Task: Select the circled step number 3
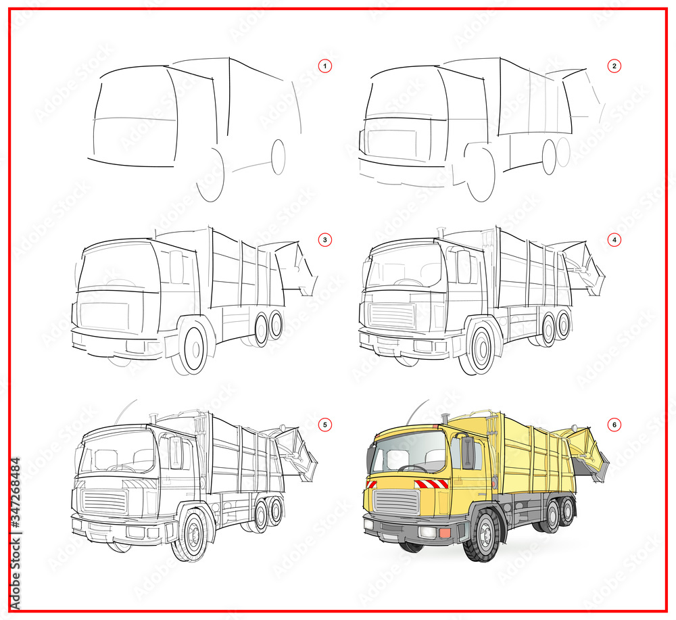pyautogui.click(x=325, y=239)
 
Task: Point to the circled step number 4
pyautogui.click(x=614, y=239)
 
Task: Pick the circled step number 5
pyautogui.click(x=325, y=425)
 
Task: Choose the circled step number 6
pyautogui.click(x=614, y=425)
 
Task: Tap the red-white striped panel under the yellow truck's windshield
pyautogui.click(x=431, y=483)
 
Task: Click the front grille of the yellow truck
pyautogui.click(x=397, y=502)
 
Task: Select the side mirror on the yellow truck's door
pyautogui.click(x=467, y=452)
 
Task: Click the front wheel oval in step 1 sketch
pyautogui.click(x=210, y=174)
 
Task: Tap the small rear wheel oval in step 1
pyautogui.click(x=278, y=156)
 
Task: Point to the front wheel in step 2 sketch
pyautogui.click(x=481, y=174)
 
